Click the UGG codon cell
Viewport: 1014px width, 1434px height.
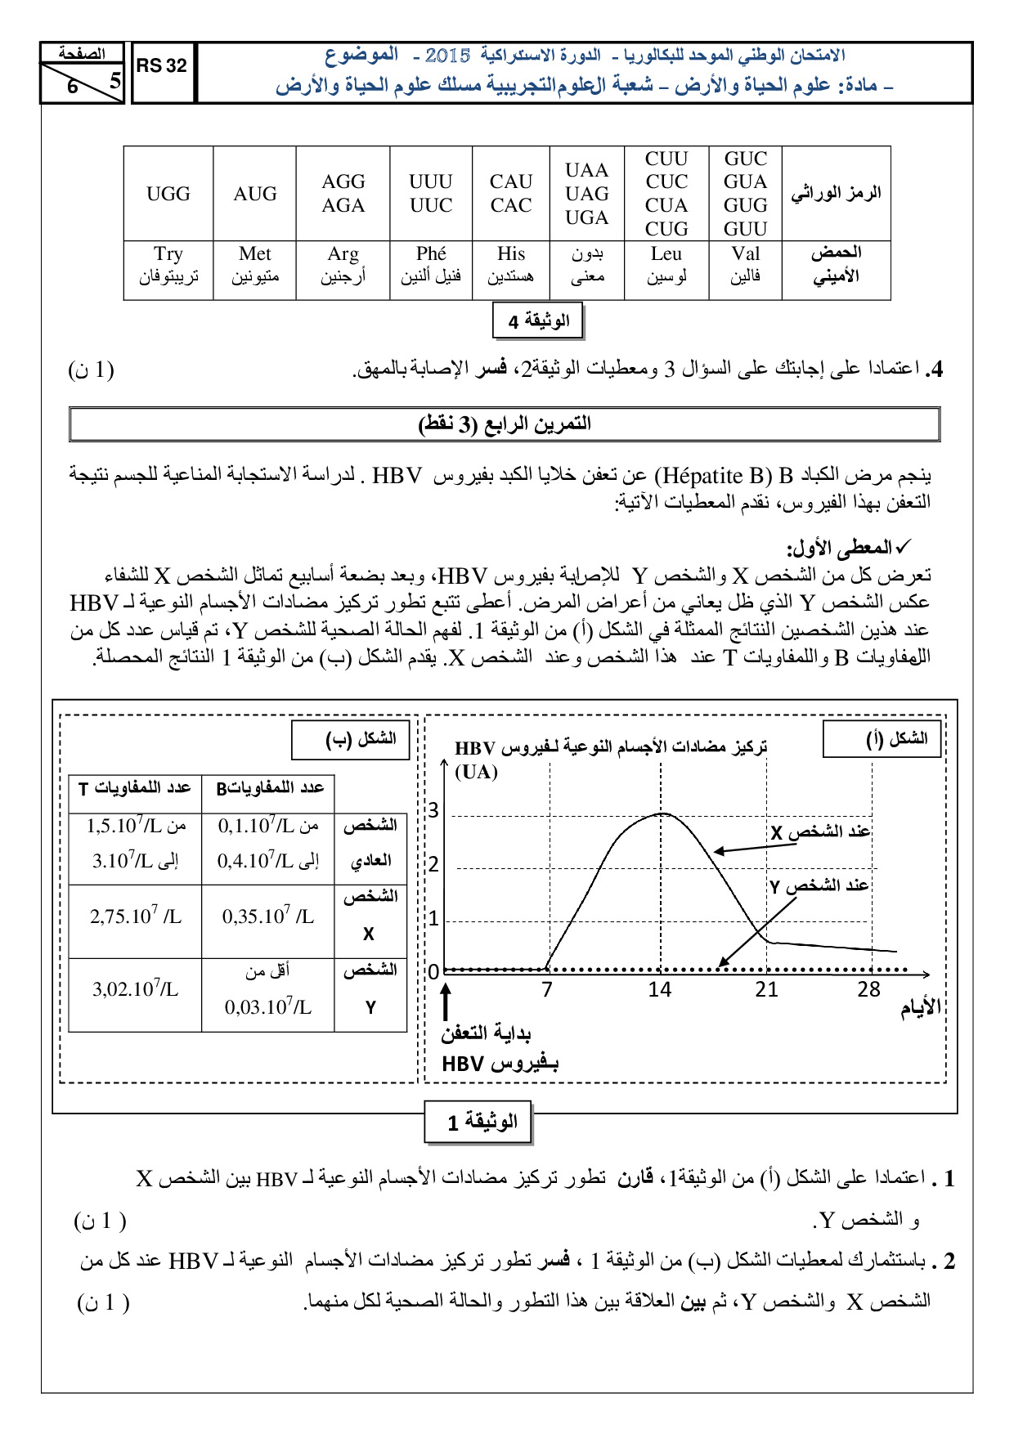tap(168, 194)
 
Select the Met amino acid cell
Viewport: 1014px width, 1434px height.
tap(255, 265)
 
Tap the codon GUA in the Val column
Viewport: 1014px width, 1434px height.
tap(745, 181)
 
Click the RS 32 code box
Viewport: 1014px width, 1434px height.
tap(162, 66)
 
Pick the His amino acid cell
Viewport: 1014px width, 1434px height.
tap(511, 265)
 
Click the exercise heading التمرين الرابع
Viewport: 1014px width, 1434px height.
tap(505, 424)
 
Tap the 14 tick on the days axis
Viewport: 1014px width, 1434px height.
tap(659, 990)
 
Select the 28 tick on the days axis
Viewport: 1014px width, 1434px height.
tap(868, 990)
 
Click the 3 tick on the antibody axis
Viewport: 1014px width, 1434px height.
tap(433, 810)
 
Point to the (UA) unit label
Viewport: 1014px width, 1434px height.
tap(476, 772)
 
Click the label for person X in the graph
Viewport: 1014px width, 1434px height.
tap(820, 832)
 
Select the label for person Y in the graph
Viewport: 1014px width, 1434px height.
tap(819, 885)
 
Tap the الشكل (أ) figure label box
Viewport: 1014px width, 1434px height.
tap(882, 739)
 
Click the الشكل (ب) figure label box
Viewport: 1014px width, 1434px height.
tap(351, 740)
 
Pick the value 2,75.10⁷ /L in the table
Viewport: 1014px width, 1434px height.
tap(136, 916)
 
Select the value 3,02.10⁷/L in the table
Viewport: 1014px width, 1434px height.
tap(136, 989)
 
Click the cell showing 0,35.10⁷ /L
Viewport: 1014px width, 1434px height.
tap(268, 916)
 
